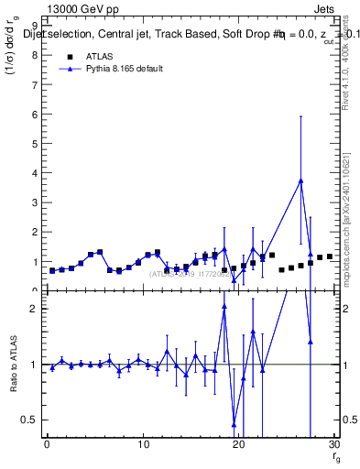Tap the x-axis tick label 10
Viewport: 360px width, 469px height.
click(143, 445)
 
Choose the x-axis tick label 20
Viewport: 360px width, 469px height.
click(239, 445)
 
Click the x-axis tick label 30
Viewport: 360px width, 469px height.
click(334, 445)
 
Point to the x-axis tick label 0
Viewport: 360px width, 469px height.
click(47, 445)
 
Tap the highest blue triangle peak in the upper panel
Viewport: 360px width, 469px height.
click(300, 180)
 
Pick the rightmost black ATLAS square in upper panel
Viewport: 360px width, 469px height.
click(330, 256)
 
